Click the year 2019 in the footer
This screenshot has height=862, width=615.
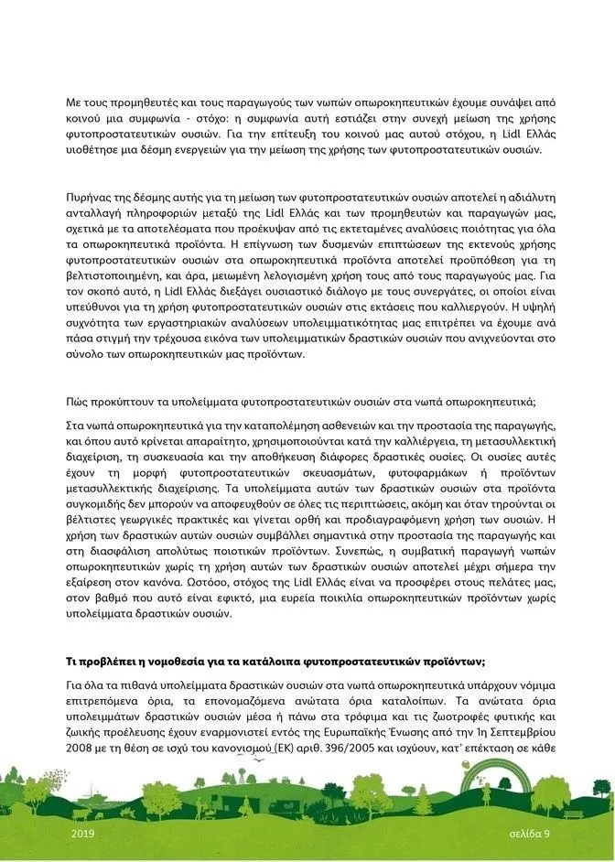(x=82, y=835)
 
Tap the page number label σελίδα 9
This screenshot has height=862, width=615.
(x=530, y=835)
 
